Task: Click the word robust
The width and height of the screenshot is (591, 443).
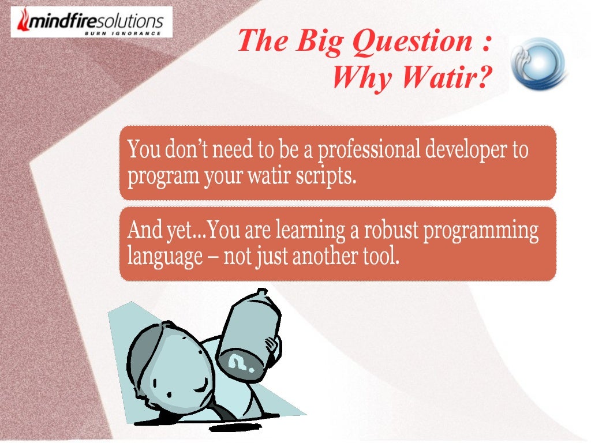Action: (x=390, y=231)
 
